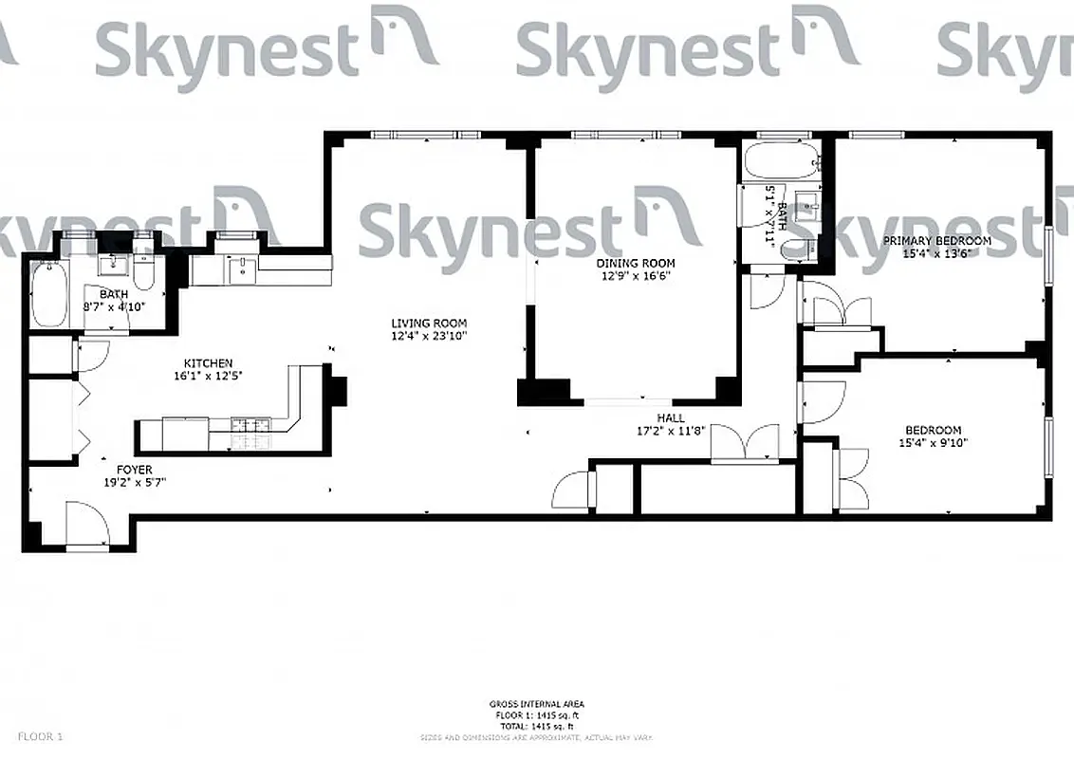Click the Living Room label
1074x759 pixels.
click(x=429, y=324)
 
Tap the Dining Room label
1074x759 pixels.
click(x=636, y=263)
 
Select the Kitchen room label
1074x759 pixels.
click(x=208, y=362)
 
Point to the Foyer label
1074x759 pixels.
click(x=134, y=470)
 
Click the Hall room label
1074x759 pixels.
click(x=671, y=417)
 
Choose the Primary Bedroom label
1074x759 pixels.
click(x=936, y=241)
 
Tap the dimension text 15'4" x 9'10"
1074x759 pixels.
click(x=934, y=442)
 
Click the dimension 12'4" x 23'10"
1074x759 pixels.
click(x=429, y=336)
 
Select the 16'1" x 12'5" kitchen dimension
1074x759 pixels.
click(x=208, y=376)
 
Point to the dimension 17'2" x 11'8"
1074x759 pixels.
click(x=671, y=430)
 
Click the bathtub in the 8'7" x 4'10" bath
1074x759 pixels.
click(x=46, y=294)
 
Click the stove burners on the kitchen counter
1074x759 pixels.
click(x=250, y=433)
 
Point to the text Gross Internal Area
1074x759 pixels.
click(x=537, y=704)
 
